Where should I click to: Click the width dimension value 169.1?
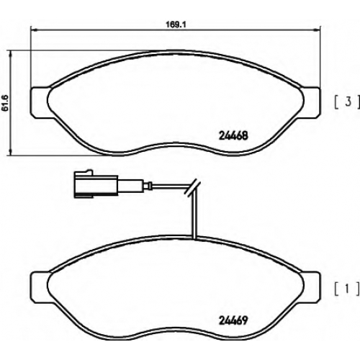(176, 24)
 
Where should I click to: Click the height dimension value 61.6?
(5, 103)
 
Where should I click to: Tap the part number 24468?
(233, 136)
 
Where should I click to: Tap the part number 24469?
(233, 320)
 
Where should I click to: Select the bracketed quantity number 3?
(348, 102)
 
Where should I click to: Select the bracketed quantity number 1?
(347, 289)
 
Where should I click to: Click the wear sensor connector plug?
(96, 184)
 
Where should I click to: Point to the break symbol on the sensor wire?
(192, 186)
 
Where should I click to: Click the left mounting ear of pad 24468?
(40, 103)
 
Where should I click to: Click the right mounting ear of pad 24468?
(311, 103)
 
